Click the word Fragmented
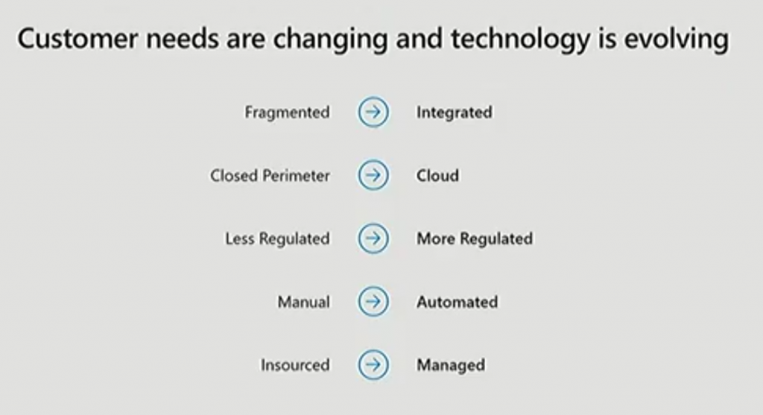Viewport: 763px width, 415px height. (287, 113)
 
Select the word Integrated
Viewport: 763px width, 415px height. (454, 113)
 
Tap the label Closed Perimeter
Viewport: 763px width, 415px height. (270, 176)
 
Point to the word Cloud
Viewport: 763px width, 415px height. (437, 176)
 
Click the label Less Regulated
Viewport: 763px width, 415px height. (277, 239)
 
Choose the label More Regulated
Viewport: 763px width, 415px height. (475, 239)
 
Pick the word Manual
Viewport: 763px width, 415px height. (304, 302)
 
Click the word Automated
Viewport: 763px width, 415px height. (457, 302)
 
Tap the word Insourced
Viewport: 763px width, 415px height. (295, 365)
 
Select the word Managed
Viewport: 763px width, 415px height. (451, 365)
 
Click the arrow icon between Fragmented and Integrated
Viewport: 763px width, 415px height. (373, 112)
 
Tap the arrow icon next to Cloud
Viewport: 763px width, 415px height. (373, 175)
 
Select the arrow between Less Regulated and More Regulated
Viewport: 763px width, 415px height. (373, 238)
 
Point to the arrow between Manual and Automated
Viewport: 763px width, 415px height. (373, 302)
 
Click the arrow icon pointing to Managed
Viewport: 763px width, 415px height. (373, 365)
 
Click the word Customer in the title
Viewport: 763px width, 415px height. (77, 39)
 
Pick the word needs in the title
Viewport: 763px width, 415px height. (183, 39)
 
